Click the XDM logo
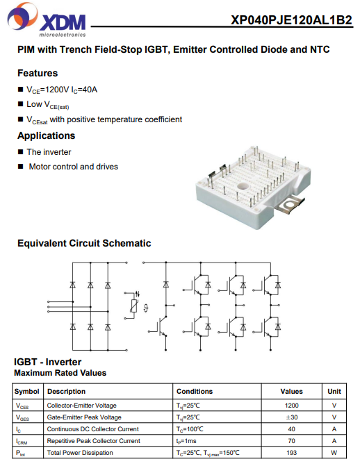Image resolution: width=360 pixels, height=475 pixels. click(47, 20)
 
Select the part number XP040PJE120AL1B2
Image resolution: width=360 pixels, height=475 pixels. click(291, 20)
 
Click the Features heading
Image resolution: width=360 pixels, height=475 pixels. click(38, 73)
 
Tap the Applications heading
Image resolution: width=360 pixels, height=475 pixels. click(46, 135)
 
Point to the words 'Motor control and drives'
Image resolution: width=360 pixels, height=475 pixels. click(74, 167)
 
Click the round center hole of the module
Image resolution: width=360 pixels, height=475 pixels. click(243, 186)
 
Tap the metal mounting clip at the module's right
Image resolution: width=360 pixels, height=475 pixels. click(290, 206)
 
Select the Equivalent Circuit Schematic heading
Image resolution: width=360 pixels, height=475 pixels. click(84, 243)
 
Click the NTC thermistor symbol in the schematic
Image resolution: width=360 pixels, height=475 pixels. click(133, 306)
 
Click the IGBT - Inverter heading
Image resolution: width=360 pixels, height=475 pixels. click(48, 362)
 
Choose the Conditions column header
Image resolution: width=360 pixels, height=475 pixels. click(195, 392)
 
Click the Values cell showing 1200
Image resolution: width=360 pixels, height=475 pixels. click(291, 406)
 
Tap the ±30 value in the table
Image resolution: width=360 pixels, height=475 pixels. click(291, 417)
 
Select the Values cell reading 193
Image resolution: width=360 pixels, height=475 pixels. click(291, 453)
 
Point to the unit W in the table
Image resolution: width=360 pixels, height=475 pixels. click(334, 453)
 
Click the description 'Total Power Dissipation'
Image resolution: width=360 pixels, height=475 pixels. click(80, 453)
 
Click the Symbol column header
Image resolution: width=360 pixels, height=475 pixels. click(26, 392)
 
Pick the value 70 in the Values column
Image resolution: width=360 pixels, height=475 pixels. click(291, 441)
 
